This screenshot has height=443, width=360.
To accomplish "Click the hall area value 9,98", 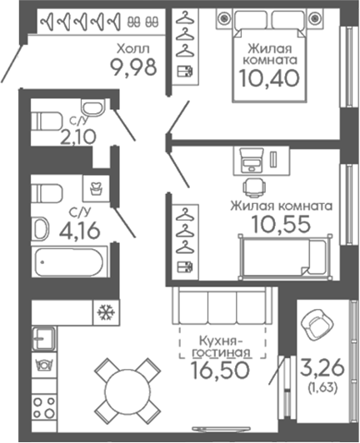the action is coord(133,67).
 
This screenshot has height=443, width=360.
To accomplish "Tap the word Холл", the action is coord(133,49).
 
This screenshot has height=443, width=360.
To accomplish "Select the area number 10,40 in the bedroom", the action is coord(269,78).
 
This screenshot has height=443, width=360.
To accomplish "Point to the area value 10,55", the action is coord(281,224).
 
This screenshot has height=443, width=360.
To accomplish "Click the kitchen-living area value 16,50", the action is coord(220,370).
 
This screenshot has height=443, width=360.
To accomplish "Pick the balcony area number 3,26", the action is coord(322,367).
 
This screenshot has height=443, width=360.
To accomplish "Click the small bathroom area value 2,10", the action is coord(78,137).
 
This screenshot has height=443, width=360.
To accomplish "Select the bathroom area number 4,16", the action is coord(80,230).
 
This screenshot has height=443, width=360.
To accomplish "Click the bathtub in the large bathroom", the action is coord(68,261).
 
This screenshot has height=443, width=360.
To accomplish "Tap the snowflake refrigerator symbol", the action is coord(106,312).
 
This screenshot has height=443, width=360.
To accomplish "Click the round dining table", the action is coord(127,390).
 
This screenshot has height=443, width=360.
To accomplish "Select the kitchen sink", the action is coord(43,338).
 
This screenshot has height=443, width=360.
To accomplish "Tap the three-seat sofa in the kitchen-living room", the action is coord(222,306).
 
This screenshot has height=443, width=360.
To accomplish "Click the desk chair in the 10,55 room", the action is coord(254,187).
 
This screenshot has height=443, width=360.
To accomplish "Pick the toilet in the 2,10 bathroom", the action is coord(47,122).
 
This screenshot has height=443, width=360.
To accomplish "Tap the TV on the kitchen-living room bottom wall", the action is coord(221,429).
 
